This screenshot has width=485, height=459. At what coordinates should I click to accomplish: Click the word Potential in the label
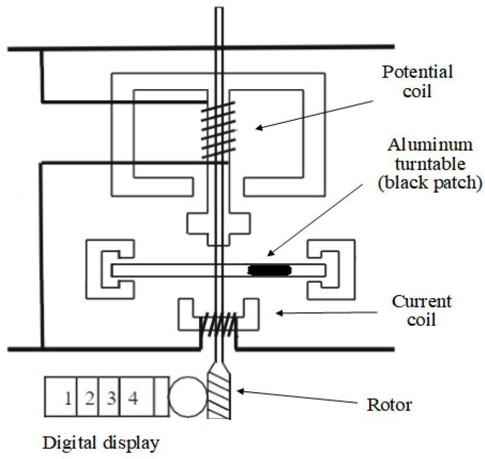(417, 73)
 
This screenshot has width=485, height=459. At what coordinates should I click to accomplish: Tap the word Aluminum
(430, 145)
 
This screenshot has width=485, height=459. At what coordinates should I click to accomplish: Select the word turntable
(430, 164)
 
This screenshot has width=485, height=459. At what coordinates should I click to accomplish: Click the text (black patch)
(430, 182)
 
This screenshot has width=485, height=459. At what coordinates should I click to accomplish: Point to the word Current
(421, 302)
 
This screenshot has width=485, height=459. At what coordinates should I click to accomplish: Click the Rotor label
(389, 405)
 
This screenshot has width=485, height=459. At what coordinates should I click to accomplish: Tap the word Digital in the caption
(69, 443)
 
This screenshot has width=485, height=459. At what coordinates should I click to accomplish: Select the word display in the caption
(131, 443)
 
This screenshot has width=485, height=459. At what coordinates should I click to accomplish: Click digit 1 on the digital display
(68, 398)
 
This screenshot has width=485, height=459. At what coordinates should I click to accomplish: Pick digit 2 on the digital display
(90, 398)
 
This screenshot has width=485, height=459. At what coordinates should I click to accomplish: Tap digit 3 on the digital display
(111, 398)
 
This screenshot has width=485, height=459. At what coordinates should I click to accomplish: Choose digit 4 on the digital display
(133, 398)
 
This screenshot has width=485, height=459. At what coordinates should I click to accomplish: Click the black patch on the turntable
(269, 270)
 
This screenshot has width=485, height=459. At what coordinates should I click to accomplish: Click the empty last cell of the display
(161, 396)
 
